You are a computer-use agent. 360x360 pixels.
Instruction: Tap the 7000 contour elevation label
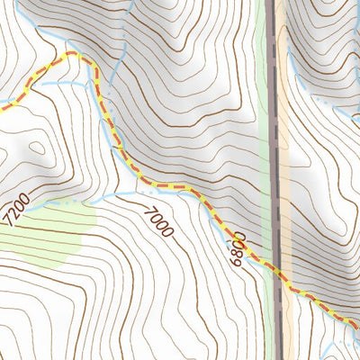point(157,220)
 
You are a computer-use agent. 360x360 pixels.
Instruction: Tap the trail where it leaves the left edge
point(3,108)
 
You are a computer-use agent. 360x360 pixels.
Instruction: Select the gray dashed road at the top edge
point(271,4)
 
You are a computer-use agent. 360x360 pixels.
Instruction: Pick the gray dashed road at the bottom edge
point(287,356)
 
